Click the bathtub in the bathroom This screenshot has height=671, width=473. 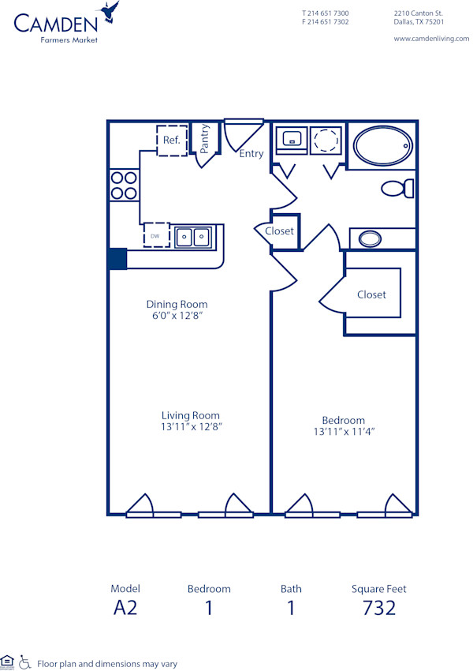click(382, 146)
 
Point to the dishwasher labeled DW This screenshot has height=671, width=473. click(156, 235)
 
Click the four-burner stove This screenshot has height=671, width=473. click(123, 185)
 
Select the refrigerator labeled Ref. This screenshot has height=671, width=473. click(172, 141)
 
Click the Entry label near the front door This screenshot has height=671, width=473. click(251, 154)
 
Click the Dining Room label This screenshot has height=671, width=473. click(177, 304)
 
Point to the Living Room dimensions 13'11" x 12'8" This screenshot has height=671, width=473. click(191, 428)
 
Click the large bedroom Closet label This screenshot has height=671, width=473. click(371, 294)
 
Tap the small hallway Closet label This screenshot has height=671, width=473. click(279, 231)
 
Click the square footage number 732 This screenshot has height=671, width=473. click(378, 607)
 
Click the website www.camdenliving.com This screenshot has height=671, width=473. click(430, 38)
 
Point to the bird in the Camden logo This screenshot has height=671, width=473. click(110, 11)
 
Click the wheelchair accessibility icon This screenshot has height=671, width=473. click(24, 662)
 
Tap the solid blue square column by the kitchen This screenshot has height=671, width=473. click(117, 258)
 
